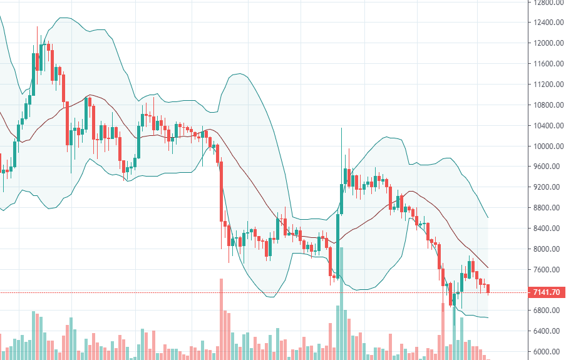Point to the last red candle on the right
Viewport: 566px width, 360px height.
(488, 288)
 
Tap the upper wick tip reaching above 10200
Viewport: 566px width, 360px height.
(341, 128)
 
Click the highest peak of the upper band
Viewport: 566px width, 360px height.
(64, 18)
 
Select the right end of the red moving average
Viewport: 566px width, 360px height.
(488, 268)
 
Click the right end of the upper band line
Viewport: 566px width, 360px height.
(488, 218)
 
